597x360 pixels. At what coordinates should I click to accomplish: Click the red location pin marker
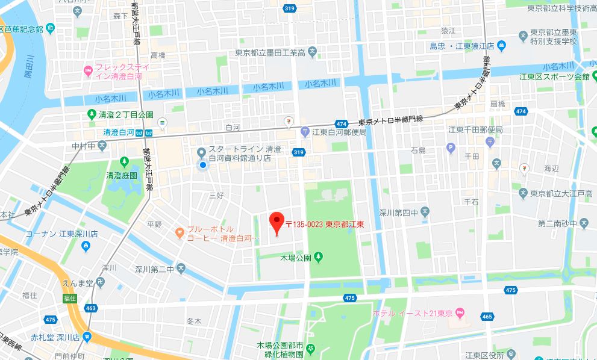[x=276, y=223]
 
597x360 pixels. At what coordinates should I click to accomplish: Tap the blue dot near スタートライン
[x=203, y=164]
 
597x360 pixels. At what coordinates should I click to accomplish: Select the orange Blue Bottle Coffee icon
[x=178, y=232]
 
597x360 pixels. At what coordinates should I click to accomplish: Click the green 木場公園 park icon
[x=319, y=258]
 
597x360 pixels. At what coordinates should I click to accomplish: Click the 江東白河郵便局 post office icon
[x=305, y=132]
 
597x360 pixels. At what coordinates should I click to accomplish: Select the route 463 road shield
[x=92, y=308]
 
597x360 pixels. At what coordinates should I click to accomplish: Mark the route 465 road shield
[x=487, y=315]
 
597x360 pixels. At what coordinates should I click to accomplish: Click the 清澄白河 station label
[x=117, y=132]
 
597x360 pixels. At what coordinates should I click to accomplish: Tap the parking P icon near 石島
[x=451, y=147]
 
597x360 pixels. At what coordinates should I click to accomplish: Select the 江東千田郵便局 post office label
[x=475, y=130]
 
